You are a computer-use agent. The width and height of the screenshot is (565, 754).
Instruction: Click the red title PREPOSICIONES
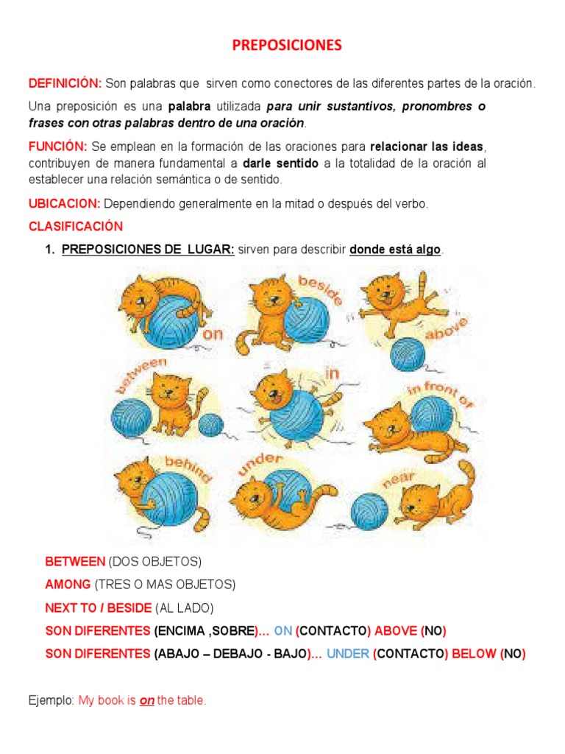287,45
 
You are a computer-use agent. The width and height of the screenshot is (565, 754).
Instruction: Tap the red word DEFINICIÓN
65,83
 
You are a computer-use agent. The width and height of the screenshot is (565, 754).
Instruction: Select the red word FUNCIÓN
57,147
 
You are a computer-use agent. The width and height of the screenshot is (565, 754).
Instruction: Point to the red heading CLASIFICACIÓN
76,226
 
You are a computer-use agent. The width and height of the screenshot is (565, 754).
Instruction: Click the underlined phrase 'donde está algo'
395,250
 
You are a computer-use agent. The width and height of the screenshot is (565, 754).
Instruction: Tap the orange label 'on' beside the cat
213,334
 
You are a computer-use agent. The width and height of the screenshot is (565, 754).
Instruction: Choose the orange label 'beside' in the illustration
321,289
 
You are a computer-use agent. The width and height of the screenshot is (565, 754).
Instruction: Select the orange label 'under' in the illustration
260,464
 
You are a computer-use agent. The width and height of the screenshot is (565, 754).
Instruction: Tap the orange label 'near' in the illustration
398,479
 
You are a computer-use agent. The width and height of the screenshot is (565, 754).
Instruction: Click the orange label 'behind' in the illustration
188,468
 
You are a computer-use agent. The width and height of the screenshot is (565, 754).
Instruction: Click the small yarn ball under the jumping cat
408,354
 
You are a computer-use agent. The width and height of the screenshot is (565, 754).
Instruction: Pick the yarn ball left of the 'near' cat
369,511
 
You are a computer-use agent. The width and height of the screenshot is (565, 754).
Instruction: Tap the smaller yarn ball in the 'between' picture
210,425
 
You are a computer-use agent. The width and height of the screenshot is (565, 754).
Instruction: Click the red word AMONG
68,584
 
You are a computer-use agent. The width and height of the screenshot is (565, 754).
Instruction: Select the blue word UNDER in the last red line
348,654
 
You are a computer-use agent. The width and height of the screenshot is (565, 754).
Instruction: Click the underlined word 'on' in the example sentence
147,701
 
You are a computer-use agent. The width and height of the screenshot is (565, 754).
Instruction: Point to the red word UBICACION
65,203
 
